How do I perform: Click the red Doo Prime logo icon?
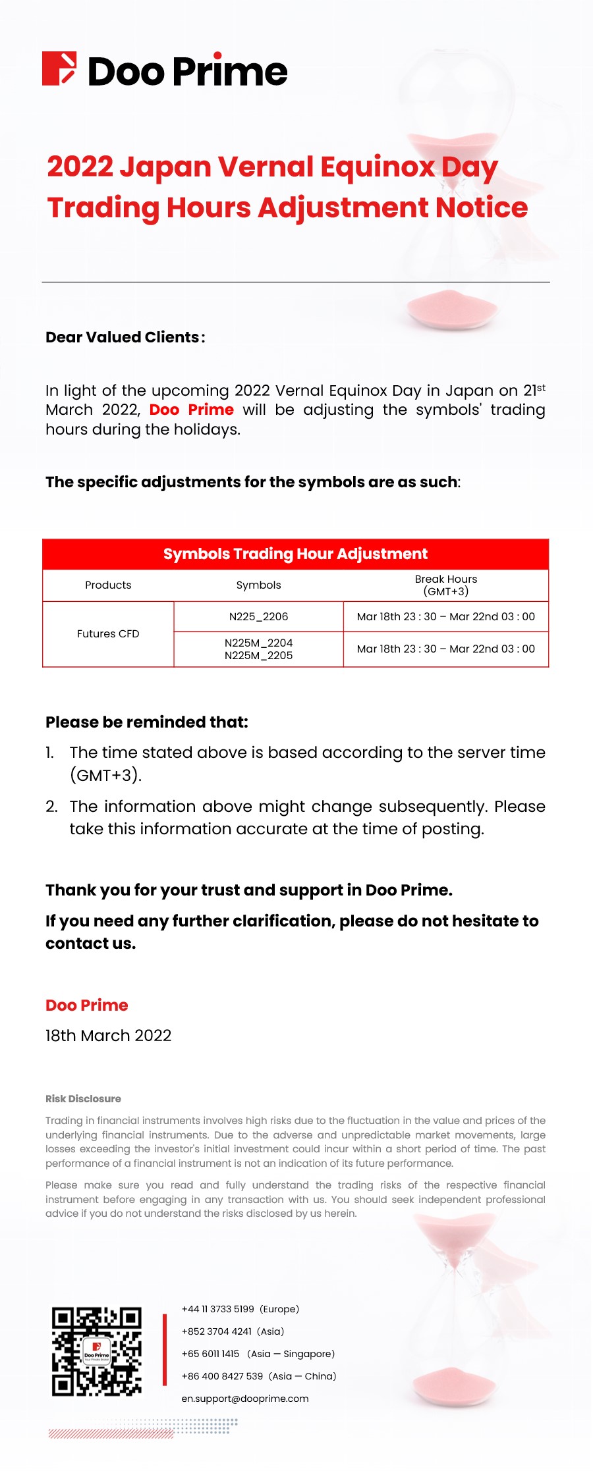pos(59,68)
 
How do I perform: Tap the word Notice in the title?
pos(481,208)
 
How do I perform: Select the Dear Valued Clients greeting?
pos(125,337)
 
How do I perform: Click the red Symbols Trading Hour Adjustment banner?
pos(295,554)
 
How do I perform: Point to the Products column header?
pos(108,585)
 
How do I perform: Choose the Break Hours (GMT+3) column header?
pos(445,585)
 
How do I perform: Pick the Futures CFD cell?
pos(108,633)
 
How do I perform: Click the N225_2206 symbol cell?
pos(258,616)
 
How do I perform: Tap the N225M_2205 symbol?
pos(258,656)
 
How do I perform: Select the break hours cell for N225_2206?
pos(445,616)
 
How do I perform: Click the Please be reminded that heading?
pos(147,722)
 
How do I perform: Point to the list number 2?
pos(51,807)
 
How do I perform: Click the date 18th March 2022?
pos(108,1036)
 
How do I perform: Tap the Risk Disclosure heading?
pos(83,1098)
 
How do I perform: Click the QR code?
pos(97,1352)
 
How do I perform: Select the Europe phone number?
pos(217,1309)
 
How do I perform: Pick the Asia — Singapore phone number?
pos(210,1354)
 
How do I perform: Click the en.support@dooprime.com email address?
pos(245,1399)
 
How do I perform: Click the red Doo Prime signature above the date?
pos(86,1005)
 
